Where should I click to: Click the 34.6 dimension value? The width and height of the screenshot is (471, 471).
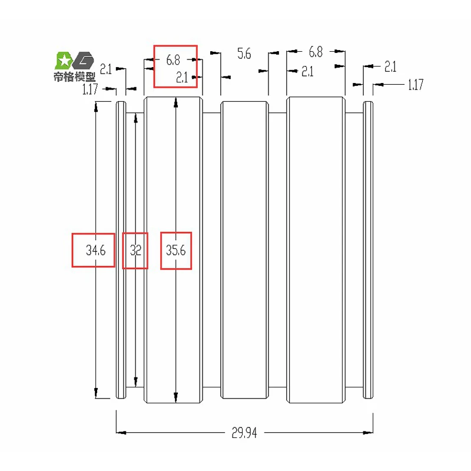96,250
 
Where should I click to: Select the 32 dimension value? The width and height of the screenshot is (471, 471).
135,250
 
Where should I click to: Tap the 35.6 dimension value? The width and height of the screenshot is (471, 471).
176,250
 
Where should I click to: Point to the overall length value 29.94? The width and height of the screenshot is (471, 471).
244,433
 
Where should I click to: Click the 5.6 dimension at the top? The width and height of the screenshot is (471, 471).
244,54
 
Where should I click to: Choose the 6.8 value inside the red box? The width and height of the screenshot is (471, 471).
173,60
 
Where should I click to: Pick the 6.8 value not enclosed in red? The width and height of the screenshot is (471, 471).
316,52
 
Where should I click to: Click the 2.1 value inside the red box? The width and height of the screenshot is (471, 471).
182,78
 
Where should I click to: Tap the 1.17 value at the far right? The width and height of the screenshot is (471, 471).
416,85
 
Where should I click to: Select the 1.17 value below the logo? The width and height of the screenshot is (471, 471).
90,89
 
